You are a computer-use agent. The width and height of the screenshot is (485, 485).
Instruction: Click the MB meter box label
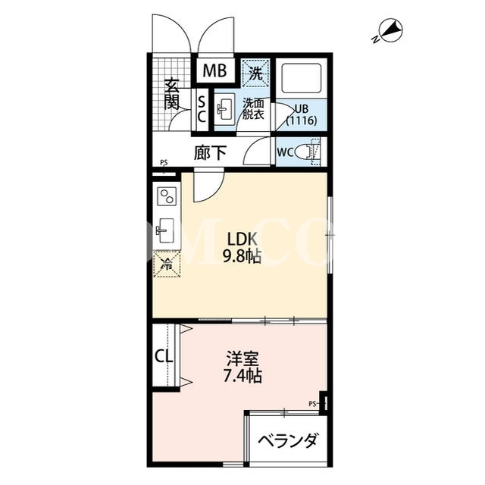(214, 70)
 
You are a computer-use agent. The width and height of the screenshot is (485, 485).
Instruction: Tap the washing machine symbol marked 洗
(255, 73)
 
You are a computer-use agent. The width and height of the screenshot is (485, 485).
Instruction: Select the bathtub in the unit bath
(302, 78)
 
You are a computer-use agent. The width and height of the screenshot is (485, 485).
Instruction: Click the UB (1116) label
(302, 114)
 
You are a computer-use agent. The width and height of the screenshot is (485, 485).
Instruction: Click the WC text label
(285, 152)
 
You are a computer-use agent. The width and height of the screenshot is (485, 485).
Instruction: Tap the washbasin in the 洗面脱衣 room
(225, 109)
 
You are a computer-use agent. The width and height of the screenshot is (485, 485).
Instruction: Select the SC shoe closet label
(202, 109)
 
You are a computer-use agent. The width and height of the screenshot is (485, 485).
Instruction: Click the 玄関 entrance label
(172, 95)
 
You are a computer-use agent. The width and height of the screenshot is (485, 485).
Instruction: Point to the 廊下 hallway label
(211, 153)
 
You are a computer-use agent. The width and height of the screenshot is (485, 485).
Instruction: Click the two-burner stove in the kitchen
(167, 196)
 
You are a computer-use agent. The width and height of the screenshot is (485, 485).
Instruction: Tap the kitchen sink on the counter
(167, 230)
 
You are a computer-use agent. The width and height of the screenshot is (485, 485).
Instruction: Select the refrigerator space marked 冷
(167, 264)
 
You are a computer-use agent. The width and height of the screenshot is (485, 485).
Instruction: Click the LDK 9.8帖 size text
(242, 248)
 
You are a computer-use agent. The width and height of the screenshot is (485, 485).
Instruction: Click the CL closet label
(164, 357)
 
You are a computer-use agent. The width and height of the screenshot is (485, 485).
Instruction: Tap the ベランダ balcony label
(288, 441)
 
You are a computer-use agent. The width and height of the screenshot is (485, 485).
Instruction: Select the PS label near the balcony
(312, 403)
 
